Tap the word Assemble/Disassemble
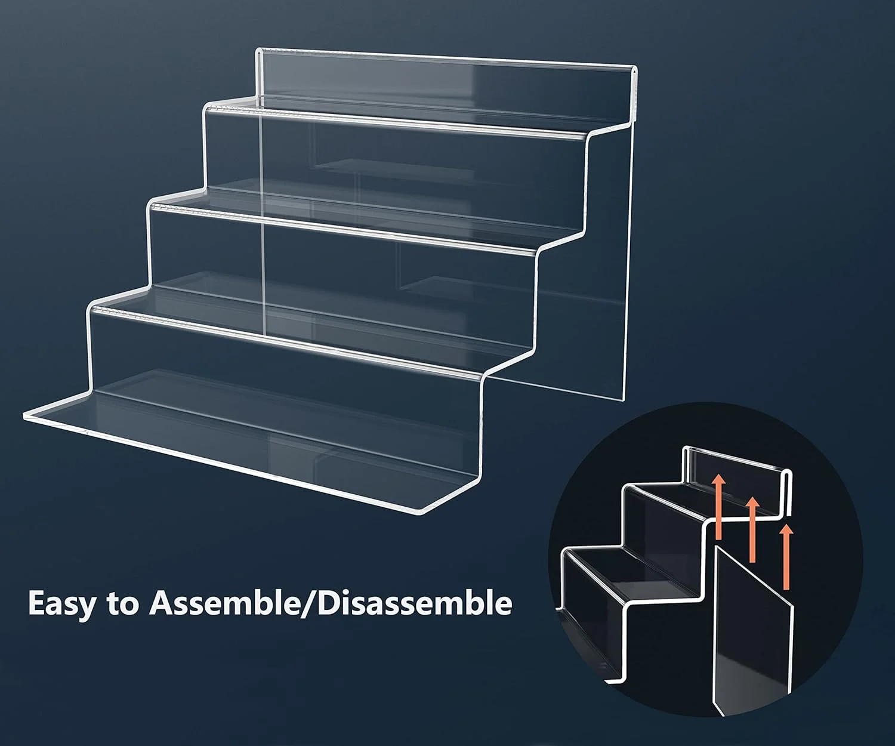click(x=331, y=603)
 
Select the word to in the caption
click(x=123, y=604)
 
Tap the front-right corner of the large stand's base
click(x=422, y=512)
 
